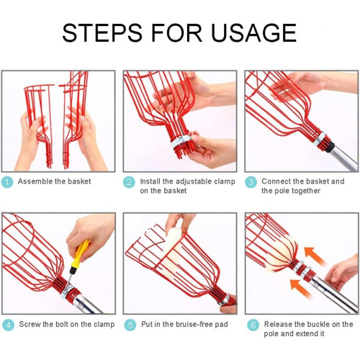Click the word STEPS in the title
pyautogui.click(x=102, y=33)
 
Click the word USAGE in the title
pyautogui.click(x=253, y=33)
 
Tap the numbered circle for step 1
pyautogui.click(x=7, y=182)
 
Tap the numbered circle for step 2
pyautogui.click(x=129, y=182)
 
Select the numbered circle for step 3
pyautogui.click(x=251, y=182)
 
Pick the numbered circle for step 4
pyautogui.click(x=8, y=325)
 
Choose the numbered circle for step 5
pyautogui.click(x=130, y=325)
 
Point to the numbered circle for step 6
pyautogui.click(x=253, y=325)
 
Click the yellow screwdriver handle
pyautogui.click(x=81, y=253)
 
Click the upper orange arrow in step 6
pyautogui.click(x=315, y=256)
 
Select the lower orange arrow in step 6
pyautogui.click(x=300, y=288)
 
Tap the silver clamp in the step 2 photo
pyautogui.click(x=181, y=142)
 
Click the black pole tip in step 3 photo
pyautogui.click(x=329, y=147)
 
